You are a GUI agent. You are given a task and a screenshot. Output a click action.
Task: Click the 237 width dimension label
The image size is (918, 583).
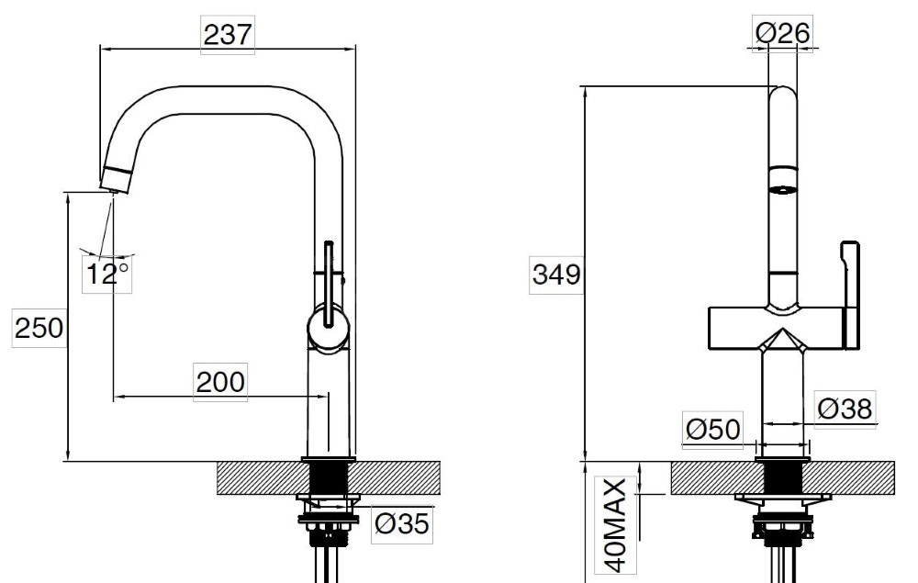point(228,35)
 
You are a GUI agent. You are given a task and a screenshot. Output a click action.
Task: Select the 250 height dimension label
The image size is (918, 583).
point(39,328)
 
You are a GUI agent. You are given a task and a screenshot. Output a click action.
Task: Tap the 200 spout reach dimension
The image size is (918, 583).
point(220,382)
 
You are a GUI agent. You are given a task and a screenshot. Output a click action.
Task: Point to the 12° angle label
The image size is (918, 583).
point(106,274)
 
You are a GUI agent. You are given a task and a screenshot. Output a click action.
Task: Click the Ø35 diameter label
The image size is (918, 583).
point(402,523)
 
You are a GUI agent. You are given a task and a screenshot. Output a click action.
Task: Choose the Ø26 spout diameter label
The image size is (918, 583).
point(782,33)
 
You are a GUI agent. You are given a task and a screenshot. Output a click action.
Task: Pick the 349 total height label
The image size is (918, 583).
point(556,274)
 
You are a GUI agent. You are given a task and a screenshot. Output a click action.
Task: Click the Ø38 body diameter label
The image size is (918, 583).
point(845,409)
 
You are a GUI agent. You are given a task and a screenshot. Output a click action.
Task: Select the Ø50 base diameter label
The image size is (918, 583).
point(712,430)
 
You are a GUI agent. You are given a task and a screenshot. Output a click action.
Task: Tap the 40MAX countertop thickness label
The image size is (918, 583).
point(617,526)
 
